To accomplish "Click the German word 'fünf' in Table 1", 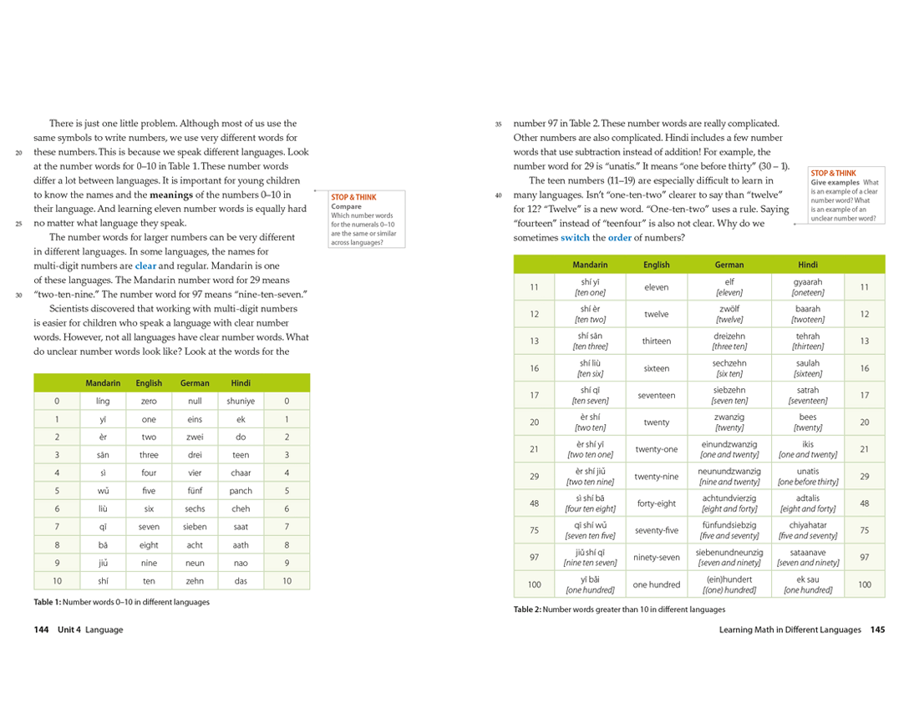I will click(195, 491).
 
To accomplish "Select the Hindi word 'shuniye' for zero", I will click(241, 401).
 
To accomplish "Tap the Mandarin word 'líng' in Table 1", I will click(103, 401).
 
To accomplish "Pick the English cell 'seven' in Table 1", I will click(149, 527).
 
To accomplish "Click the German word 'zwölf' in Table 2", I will click(729, 309).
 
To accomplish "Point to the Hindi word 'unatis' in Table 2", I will click(808, 472).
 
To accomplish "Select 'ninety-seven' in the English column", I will click(657, 557).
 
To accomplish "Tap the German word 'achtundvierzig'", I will click(729, 498).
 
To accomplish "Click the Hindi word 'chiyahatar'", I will click(808, 525).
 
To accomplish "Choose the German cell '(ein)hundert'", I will click(729, 579).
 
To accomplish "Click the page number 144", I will click(41, 630).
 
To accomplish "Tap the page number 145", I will click(877, 630).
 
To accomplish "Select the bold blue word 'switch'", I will click(575, 238).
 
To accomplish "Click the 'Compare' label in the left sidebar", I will click(346, 206).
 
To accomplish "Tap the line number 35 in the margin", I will click(498, 124).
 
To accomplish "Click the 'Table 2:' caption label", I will click(527, 609).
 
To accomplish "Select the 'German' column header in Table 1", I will click(195, 383).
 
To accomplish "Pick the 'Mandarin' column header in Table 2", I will click(590, 265).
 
